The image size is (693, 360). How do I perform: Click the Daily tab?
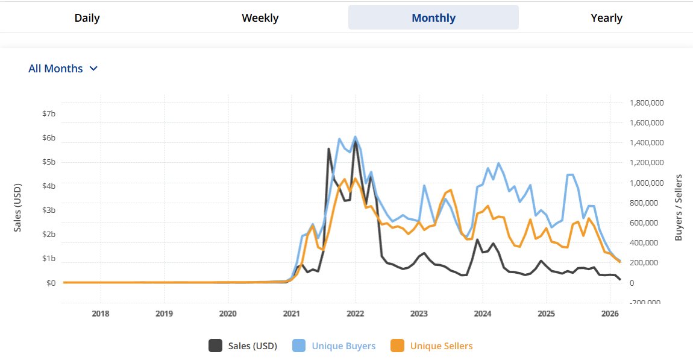tap(87, 18)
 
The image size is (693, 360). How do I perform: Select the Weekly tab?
tap(260, 18)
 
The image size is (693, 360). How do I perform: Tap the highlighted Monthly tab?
tap(433, 18)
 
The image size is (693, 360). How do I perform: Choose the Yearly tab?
tap(606, 18)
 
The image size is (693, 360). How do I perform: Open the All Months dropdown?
tap(63, 69)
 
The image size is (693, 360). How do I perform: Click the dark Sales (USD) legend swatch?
tap(215, 346)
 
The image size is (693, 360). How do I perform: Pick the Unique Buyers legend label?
tap(343, 346)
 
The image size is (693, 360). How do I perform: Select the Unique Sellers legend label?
tap(441, 346)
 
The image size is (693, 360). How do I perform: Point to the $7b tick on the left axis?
tap(49, 114)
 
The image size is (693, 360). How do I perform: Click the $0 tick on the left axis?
tap(51, 283)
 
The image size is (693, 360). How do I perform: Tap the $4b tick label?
tap(49, 186)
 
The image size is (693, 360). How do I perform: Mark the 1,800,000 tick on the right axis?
tap(647, 103)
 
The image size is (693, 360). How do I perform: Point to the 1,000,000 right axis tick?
tap(647, 183)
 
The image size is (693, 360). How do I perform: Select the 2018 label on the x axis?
tap(101, 314)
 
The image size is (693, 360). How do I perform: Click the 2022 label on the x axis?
tap(355, 314)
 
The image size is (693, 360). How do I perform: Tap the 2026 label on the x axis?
tap(610, 314)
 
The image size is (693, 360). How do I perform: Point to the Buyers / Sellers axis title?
tap(679, 207)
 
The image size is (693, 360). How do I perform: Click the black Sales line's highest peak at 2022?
tap(356, 142)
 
